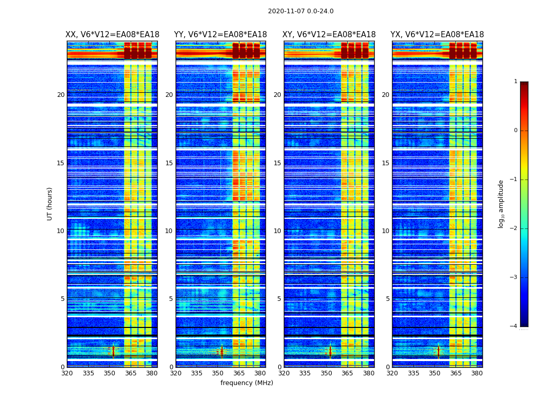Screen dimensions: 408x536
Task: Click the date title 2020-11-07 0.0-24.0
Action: (301, 11)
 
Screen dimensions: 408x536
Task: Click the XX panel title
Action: (112, 35)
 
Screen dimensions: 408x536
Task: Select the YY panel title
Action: (221, 35)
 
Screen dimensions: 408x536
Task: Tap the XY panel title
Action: (329, 35)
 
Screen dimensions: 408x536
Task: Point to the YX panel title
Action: (437, 35)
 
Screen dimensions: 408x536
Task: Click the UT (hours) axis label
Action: (50, 203)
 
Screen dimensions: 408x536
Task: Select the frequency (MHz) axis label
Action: (247, 383)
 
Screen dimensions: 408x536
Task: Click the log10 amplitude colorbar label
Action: (501, 203)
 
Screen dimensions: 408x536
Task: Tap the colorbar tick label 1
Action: (515, 82)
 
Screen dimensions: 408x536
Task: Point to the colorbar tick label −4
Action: (514, 326)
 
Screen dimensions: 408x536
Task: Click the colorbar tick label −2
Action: (514, 228)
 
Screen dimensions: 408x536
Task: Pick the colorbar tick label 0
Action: (515, 131)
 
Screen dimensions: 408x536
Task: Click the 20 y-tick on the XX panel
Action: (61, 95)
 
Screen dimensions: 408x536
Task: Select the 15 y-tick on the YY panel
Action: (169, 163)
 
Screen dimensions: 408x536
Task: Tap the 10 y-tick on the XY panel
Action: (277, 231)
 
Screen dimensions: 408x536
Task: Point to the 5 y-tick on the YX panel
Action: (387, 299)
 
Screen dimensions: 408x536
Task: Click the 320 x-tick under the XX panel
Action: (67, 373)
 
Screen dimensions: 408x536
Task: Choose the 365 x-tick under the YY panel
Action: (239, 373)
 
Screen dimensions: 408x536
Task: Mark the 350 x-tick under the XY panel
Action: (326, 373)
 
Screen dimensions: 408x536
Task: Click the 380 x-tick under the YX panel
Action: (477, 373)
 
